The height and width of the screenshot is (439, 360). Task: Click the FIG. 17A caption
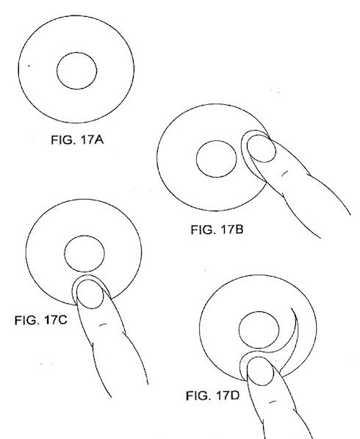point(77,139)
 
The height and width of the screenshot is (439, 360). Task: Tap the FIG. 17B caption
point(217,230)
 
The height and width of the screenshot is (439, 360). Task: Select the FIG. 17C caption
point(41,320)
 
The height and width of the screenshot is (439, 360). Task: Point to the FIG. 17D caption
point(212,396)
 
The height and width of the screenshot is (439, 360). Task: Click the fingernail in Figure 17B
point(261,149)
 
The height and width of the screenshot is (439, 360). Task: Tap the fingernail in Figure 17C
point(90,294)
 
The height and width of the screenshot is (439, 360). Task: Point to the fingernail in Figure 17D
point(261,371)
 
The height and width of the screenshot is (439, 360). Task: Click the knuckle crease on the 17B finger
point(284,173)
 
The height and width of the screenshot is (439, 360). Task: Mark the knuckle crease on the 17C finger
point(104,324)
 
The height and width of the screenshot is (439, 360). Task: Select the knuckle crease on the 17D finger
point(273,402)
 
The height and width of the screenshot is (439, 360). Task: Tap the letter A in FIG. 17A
point(99,139)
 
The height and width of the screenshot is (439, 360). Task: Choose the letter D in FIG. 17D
point(235,396)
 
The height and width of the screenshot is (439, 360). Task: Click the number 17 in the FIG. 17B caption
point(227,230)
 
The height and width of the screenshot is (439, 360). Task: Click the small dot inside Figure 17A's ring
point(29,66)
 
